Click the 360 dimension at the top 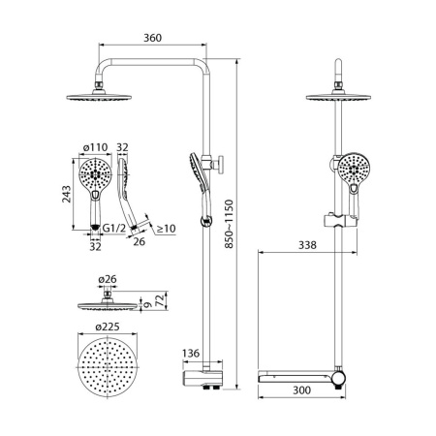click(x=153, y=39)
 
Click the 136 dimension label click(x=191, y=353)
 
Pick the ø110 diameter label click(x=93, y=148)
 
